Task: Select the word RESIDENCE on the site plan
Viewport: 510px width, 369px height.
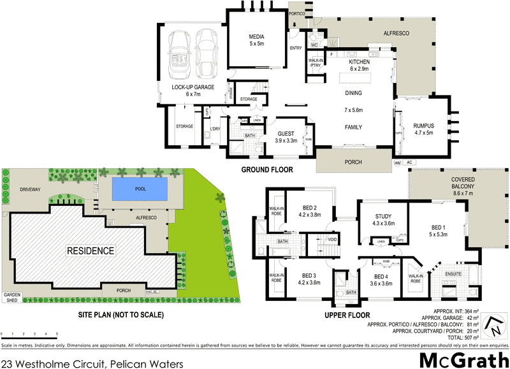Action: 91,251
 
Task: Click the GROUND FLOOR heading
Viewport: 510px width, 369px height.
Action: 266,170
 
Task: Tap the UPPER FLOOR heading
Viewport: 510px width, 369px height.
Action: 347,315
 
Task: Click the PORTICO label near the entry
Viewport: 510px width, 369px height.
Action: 298,13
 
